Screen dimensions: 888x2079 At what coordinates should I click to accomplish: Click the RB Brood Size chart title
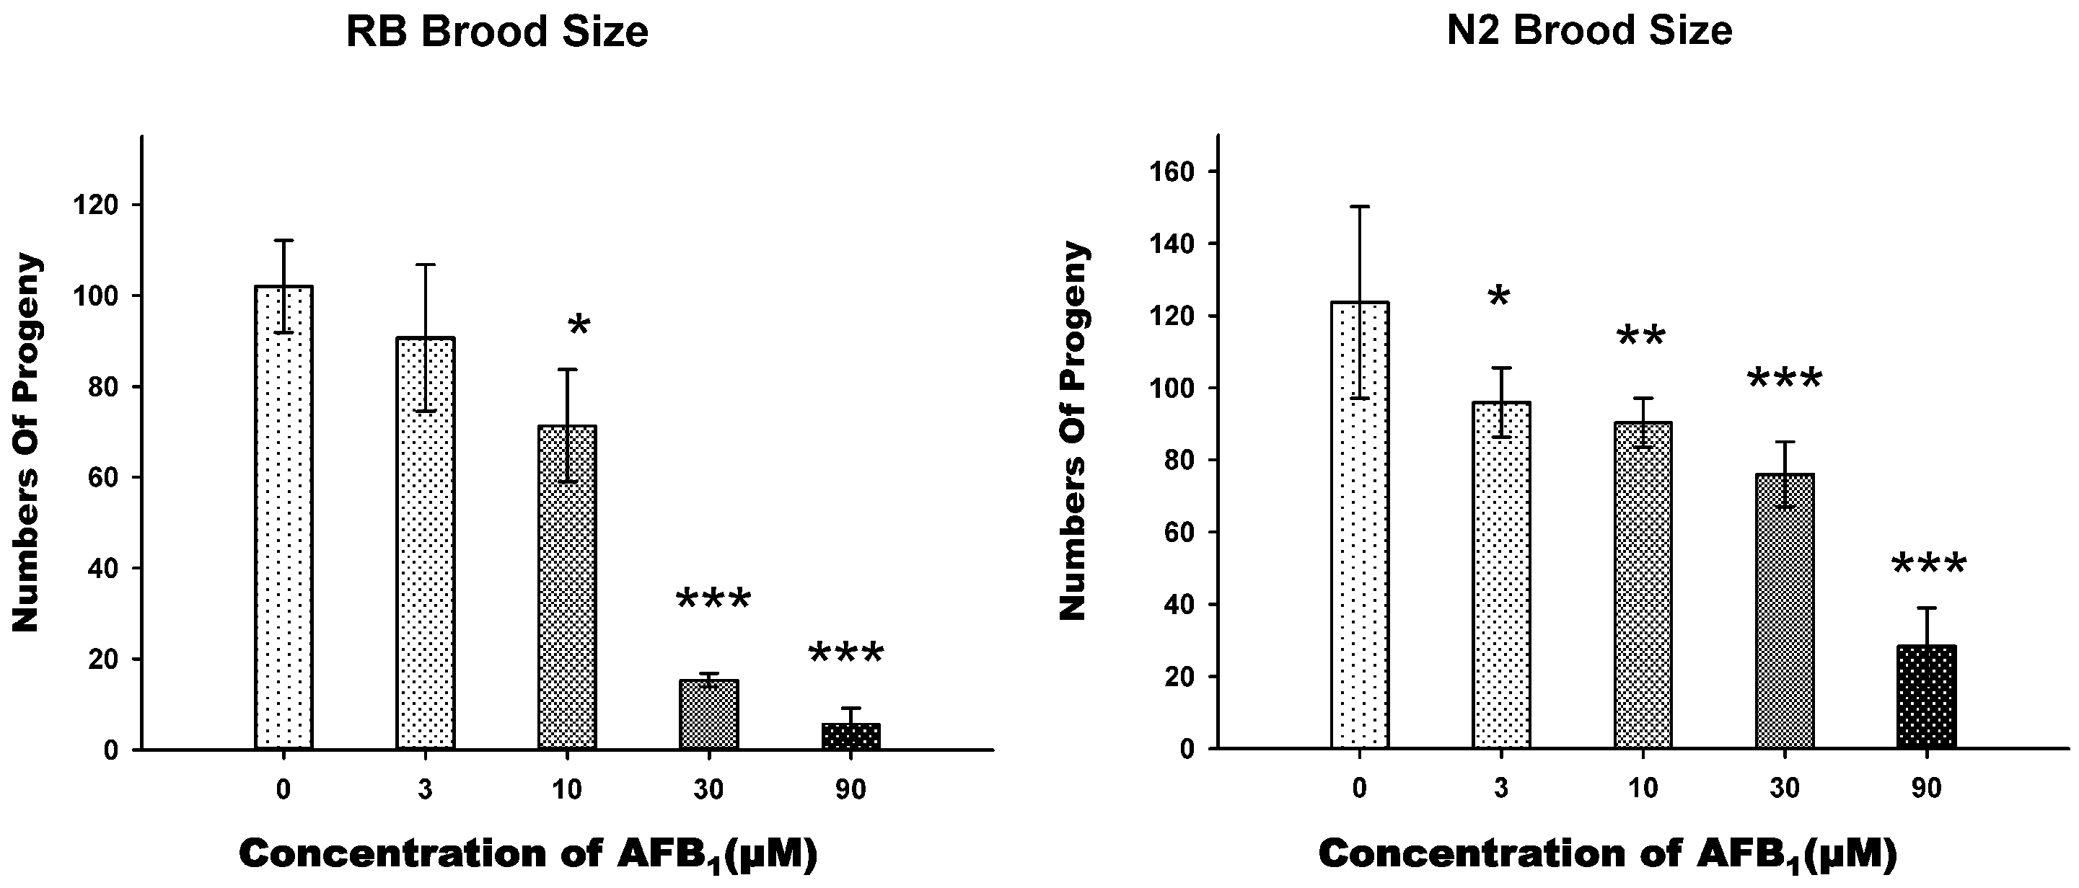[x=497, y=32]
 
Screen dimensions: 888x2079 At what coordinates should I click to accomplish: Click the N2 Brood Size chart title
[x=1589, y=32]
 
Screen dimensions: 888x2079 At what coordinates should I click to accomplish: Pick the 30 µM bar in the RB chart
[x=709, y=714]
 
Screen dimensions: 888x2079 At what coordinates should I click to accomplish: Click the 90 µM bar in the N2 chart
[x=1927, y=697]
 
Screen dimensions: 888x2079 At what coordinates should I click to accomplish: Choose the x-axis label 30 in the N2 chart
[x=1785, y=788]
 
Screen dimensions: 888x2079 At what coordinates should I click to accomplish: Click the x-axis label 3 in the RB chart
[x=426, y=789]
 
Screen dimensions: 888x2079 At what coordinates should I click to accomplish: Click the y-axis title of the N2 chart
[x=1073, y=431]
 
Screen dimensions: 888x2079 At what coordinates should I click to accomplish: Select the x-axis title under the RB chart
[x=528, y=854]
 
